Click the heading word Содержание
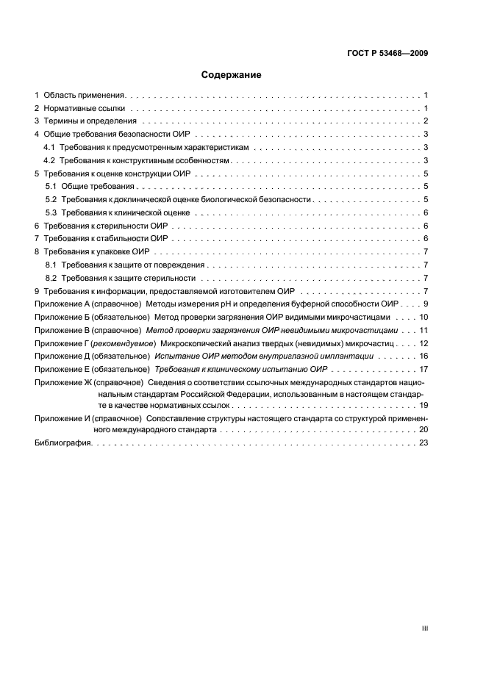click(232, 75)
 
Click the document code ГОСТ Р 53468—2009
click(388, 53)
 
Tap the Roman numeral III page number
click(425, 628)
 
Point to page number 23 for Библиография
click(424, 443)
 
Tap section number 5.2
click(51, 199)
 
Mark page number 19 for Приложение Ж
click(424, 405)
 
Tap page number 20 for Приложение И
click(424, 430)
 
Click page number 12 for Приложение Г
click(424, 343)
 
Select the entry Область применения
click(85, 96)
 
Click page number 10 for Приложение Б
click(424, 316)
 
